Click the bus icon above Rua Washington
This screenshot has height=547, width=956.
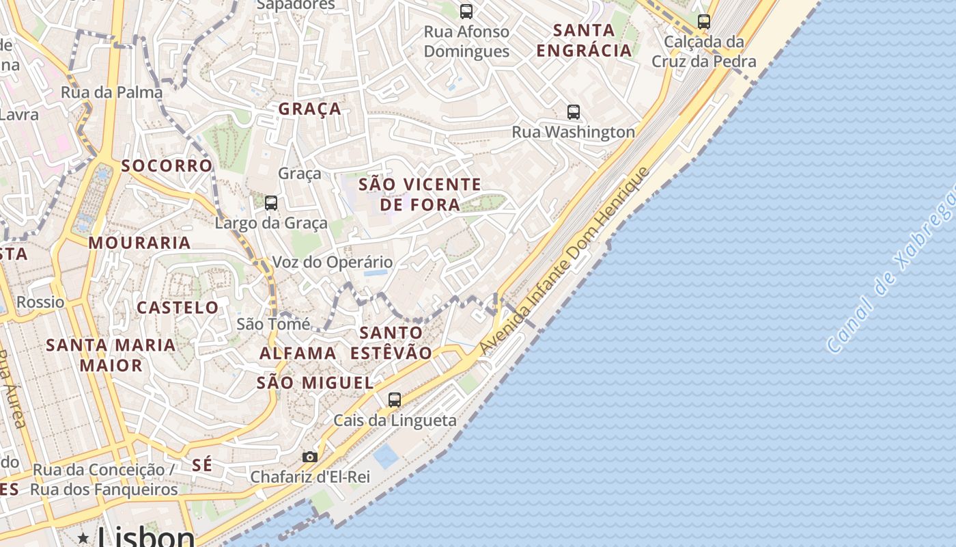tap(574, 111)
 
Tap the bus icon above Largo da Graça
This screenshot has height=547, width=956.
tap(271, 202)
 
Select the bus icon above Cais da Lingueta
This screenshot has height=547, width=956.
tap(394, 400)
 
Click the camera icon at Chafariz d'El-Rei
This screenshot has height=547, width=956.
tap(310, 457)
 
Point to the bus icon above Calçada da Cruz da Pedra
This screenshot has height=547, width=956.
tap(704, 21)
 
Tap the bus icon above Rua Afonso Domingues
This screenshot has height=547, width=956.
tap(466, 11)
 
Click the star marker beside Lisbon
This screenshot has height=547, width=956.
tap(83, 538)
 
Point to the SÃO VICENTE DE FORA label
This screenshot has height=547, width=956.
tap(420, 194)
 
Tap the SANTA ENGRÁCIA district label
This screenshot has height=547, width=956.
tap(584, 40)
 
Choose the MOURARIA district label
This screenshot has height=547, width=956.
tap(139, 243)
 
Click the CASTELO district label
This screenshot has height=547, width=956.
tap(178, 308)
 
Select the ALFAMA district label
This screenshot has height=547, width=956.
tap(298, 353)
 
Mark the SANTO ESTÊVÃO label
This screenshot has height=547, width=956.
tap(391, 343)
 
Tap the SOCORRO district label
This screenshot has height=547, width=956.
tap(167, 165)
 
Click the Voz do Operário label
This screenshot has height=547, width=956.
tap(333, 262)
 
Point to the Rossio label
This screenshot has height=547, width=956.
tap(40, 302)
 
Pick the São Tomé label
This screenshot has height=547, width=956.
tap(273, 324)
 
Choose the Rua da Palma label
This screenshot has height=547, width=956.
tap(112, 92)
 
